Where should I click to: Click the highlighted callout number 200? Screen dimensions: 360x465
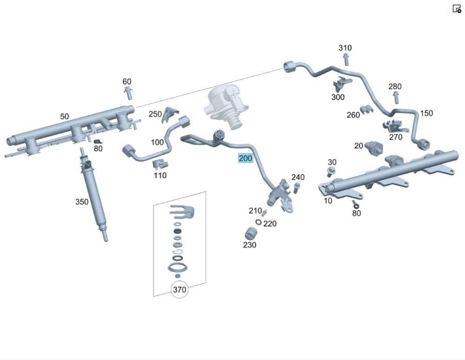(245, 158)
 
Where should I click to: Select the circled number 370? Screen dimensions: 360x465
(179, 290)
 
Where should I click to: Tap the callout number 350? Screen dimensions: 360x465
(82, 202)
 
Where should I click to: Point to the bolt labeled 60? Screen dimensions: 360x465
(128, 93)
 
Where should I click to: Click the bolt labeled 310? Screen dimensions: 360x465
(345, 59)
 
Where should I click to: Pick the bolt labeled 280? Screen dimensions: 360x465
(396, 98)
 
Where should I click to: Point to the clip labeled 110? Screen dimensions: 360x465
(160, 164)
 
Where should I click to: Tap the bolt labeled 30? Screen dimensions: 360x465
(331, 172)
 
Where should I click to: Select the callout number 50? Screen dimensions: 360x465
(64, 116)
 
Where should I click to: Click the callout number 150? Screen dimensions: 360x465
(426, 113)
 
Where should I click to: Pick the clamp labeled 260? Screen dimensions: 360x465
(367, 110)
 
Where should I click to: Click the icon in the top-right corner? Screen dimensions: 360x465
(457, 8)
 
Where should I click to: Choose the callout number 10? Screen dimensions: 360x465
(328, 201)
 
